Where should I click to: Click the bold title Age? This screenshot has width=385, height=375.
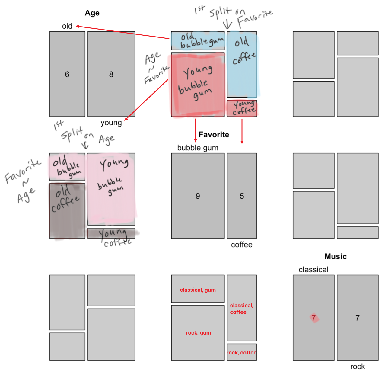tap(92, 13)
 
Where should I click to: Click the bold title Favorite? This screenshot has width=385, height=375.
tap(214, 135)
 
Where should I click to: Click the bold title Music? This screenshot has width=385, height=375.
tap(336, 256)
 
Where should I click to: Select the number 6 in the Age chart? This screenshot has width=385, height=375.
tap(67, 74)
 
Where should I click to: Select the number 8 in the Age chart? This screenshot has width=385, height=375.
tap(111, 74)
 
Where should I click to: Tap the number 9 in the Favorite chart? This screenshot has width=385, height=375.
tap(198, 196)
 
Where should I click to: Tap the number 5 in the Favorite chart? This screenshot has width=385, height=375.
tap(242, 196)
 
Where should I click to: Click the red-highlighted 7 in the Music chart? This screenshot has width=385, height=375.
tap(314, 318)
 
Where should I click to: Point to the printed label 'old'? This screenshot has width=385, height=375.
tap(67, 26)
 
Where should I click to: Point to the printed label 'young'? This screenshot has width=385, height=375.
tap(111, 123)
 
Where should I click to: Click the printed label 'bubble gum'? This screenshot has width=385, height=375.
tap(198, 148)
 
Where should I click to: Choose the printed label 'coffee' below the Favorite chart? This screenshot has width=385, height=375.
tap(242, 245)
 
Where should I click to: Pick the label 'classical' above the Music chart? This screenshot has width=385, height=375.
tap(313, 270)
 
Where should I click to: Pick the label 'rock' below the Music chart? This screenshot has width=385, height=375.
tap(357, 367)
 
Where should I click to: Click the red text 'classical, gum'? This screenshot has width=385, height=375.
tap(198, 290)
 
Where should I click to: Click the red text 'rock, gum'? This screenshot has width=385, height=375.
tap(198, 333)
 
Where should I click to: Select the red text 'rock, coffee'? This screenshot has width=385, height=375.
tap(241, 353)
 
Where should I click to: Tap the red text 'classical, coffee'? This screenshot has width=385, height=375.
tap(241, 309)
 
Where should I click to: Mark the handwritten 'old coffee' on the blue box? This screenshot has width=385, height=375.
tap(243, 50)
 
